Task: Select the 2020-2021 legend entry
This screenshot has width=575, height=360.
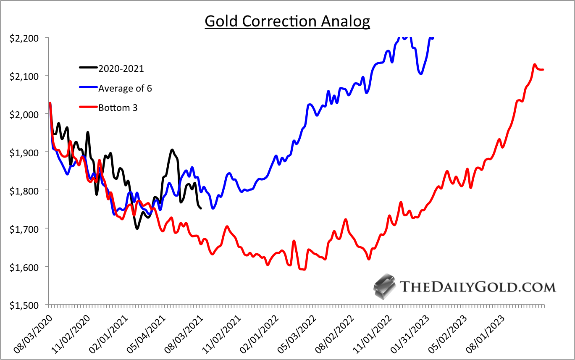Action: click(x=121, y=68)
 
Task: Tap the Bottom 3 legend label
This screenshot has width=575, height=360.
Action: click(x=118, y=108)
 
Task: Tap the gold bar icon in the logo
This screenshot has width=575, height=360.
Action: click(x=385, y=286)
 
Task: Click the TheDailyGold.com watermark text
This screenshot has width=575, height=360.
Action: click(x=478, y=287)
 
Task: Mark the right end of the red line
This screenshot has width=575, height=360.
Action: click(x=543, y=69)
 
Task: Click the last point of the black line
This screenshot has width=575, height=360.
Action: click(x=201, y=208)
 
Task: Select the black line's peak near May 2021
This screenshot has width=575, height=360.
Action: click(x=172, y=150)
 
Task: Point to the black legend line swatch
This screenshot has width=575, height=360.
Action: click(x=88, y=67)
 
